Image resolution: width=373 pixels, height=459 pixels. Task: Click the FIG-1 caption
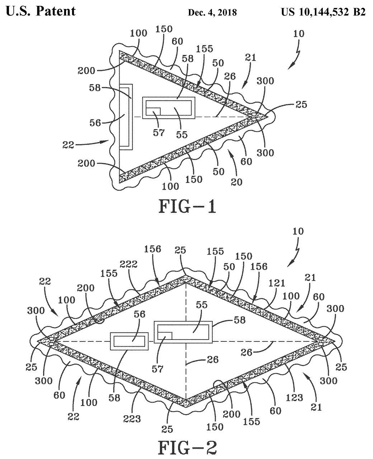(x=187, y=207)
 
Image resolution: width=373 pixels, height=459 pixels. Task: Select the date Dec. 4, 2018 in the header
(x=212, y=13)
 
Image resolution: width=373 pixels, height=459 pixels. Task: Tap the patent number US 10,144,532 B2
(x=323, y=12)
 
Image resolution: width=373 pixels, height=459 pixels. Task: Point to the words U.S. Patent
(x=41, y=11)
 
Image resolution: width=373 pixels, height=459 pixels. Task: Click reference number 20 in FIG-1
(x=237, y=182)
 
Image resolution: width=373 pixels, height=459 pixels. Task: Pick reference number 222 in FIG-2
(x=129, y=264)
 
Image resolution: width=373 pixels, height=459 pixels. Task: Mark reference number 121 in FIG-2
(x=277, y=283)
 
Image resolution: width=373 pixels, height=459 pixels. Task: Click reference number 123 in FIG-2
(x=294, y=398)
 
